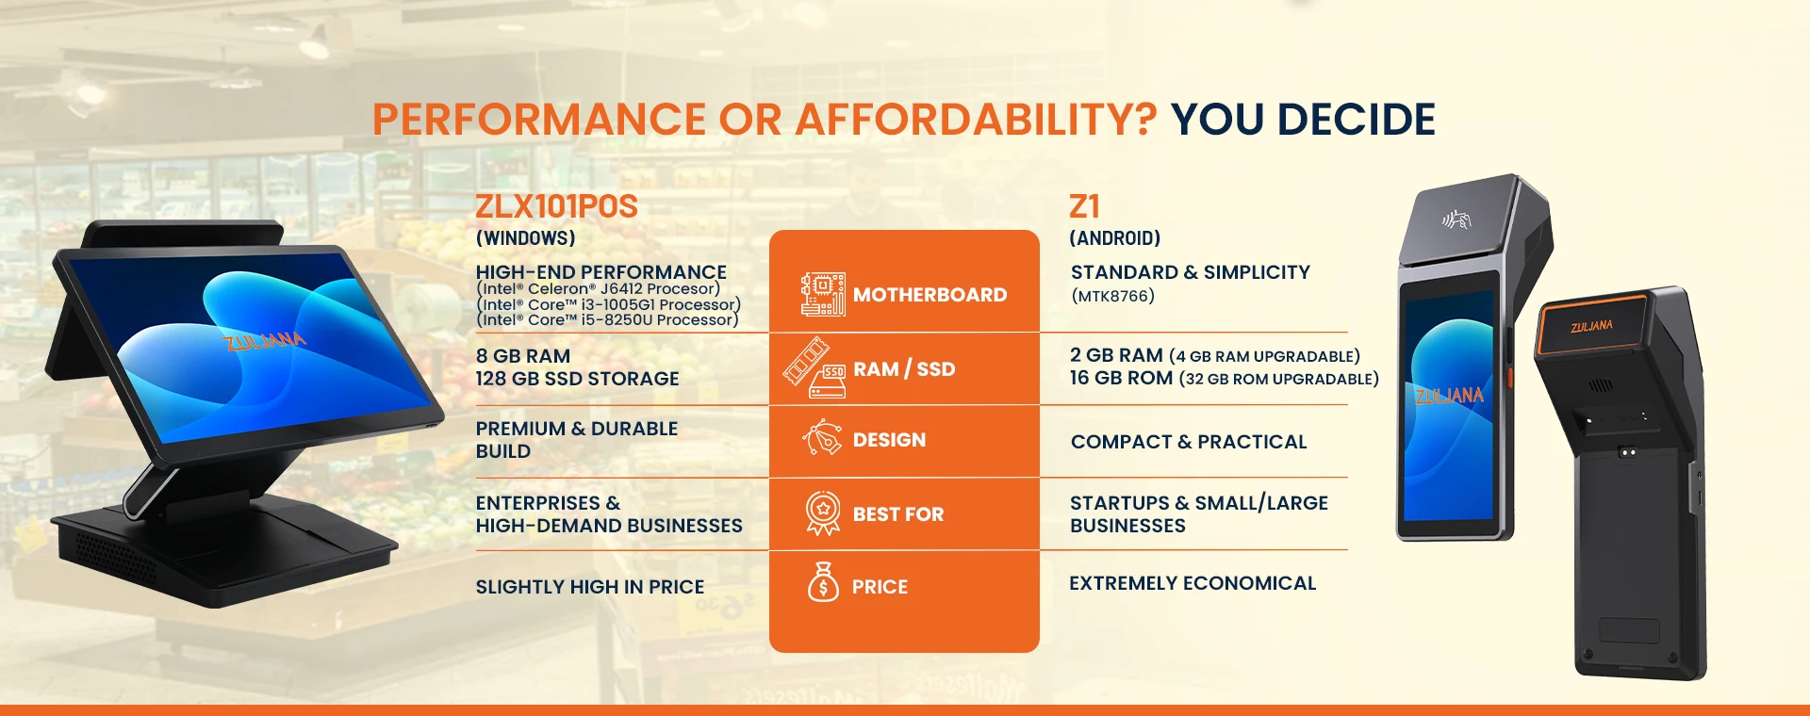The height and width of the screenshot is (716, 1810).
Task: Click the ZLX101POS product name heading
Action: [x=556, y=206]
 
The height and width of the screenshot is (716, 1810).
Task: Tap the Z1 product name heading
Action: [x=1084, y=206]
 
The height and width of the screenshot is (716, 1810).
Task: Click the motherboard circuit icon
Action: [x=822, y=294]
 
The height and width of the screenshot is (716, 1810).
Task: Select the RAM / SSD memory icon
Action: [x=814, y=367]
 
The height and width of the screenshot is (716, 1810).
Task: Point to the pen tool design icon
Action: [x=822, y=438]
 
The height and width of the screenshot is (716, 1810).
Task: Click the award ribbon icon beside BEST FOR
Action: [x=823, y=513]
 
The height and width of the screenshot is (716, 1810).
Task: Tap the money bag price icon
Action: [x=823, y=582]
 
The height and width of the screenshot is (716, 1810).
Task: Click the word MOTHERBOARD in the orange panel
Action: [x=930, y=295]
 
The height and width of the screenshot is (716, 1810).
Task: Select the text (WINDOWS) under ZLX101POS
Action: [x=525, y=238]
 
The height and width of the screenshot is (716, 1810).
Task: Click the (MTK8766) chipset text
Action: [x=1112, y=296]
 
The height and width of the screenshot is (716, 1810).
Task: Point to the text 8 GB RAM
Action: [x=523, y=356]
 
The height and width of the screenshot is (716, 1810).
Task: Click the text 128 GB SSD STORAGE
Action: [x=577, y=379]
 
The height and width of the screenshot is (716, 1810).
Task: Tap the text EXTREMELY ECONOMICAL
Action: [x=1193, y=583]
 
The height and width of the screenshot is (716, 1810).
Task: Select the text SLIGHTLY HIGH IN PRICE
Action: [x=590, y=587]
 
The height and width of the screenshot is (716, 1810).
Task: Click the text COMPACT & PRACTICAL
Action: [x=1189, y=442]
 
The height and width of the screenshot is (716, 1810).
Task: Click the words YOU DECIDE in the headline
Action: [x=1303, y=120]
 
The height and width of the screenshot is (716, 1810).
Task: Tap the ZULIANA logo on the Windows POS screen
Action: [x=265, y=340]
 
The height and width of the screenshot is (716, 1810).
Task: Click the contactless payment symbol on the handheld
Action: [x=1456, y=220]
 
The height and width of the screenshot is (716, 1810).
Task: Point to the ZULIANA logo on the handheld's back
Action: [x=1591, y=326]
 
